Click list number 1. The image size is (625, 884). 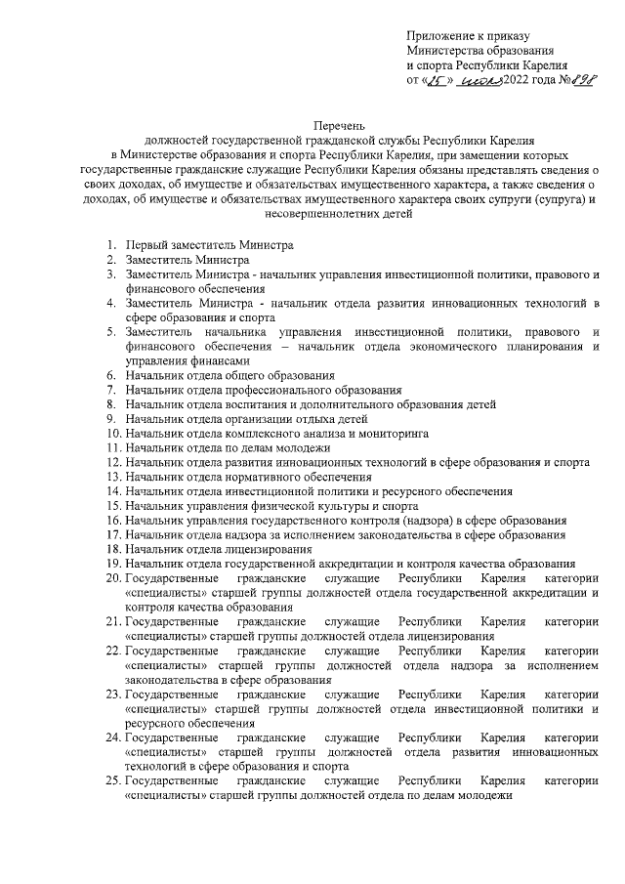pos(112,242)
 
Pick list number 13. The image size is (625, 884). pos(111,476)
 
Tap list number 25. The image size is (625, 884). pos(111,781)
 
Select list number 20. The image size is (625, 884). pos(111,578)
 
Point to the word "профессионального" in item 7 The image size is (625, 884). pos(262,389)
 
